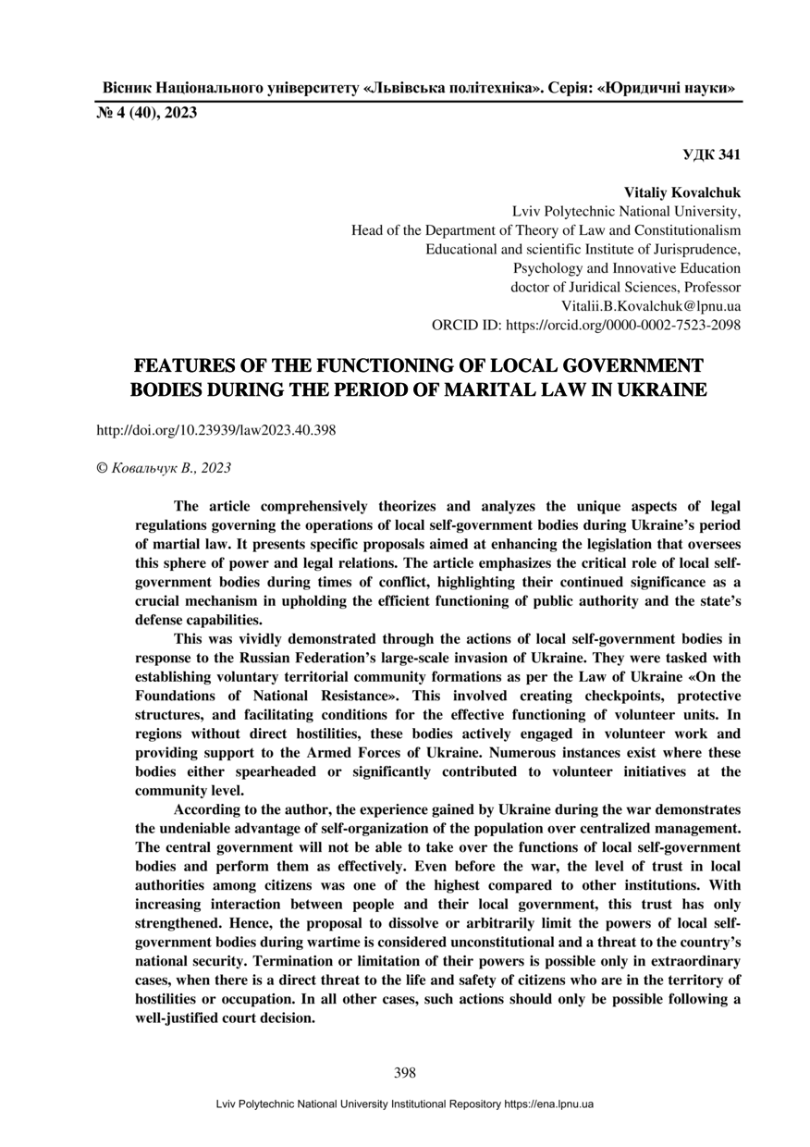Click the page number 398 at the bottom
pyautogui.click(x=404, y=1073)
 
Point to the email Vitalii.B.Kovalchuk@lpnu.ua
pyautogui.click(x=651, y=305)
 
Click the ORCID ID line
pyautogui.click(x=586, y=325)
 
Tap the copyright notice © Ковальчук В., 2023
pyautogui.click(x=164, y=468)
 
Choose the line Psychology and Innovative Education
pyautogui.click(x=627, y=268)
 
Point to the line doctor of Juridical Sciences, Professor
pyautogui.click(x=626, y=287)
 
